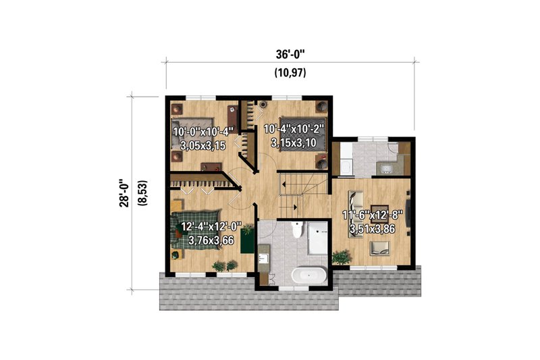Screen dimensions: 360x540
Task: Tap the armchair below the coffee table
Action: (378, 252)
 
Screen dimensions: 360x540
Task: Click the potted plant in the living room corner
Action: (342, 257)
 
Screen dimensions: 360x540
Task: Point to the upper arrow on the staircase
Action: (292, 184)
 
